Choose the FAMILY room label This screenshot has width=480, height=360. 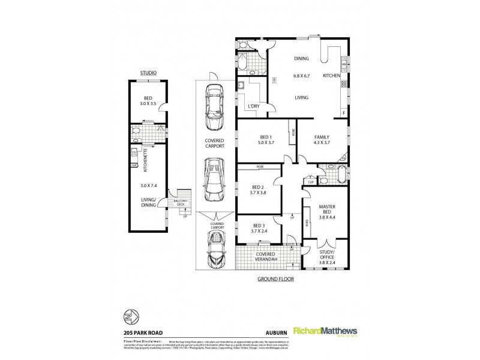(322, 137)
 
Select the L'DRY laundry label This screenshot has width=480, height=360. (253, 107)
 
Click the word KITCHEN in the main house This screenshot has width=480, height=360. (331, 76)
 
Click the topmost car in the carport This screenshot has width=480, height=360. (213, 106)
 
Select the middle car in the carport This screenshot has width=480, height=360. (213, 181)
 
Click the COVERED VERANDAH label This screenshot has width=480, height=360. (265, 257)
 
